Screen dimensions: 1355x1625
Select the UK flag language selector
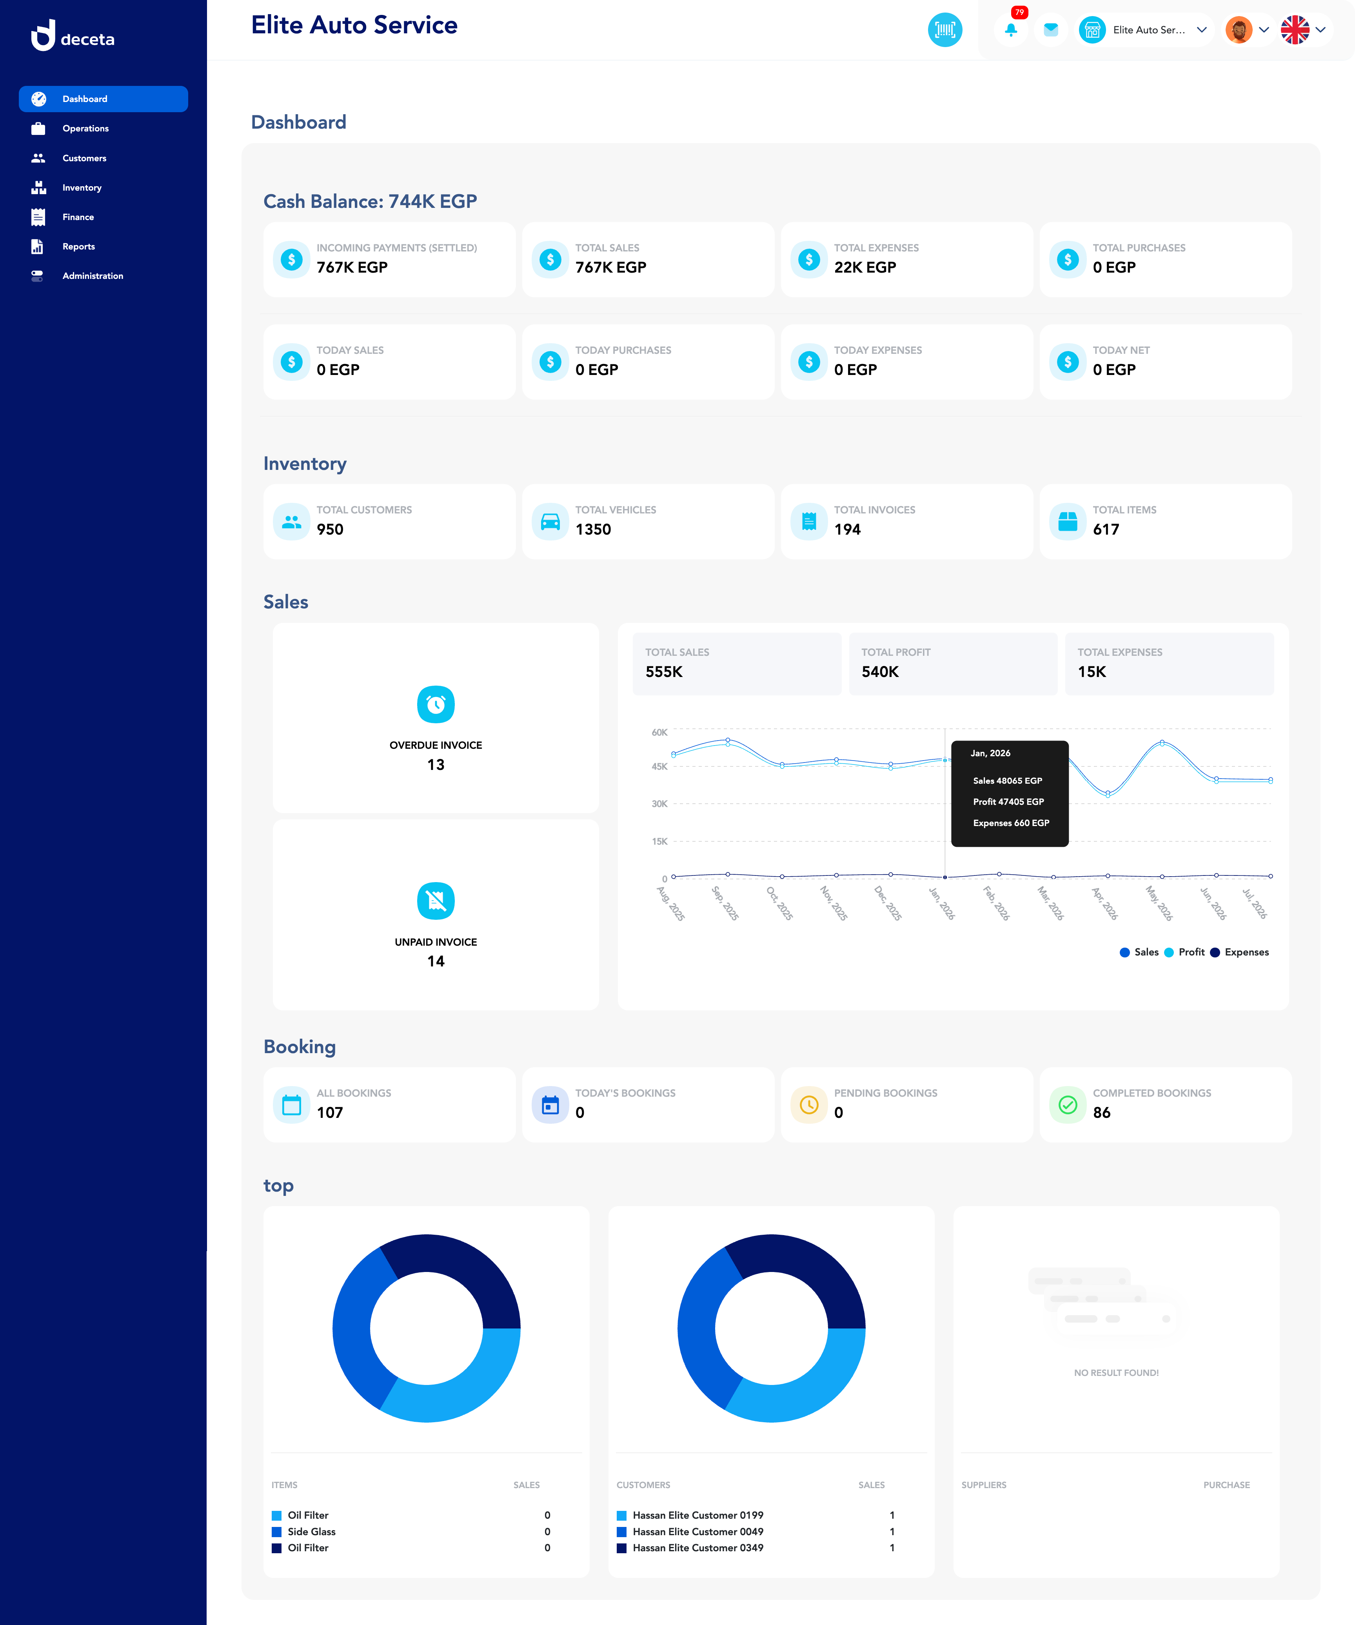pyautogui.click(x=1295, y=30)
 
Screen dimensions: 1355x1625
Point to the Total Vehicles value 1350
pyautogui.click(x=593, y=529)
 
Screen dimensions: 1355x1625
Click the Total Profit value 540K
pyautogui.click(x=880, y=671)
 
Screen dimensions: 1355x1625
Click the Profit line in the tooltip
pyautogui.click(x=1008, y=802)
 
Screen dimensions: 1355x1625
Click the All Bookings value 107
pyautogui.click(x=329, y=1113)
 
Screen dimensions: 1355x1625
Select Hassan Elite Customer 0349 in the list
pyautogui.click(x=697, y=1548)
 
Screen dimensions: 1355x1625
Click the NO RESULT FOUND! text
pyautogui.click(x=1116, y=1373)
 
